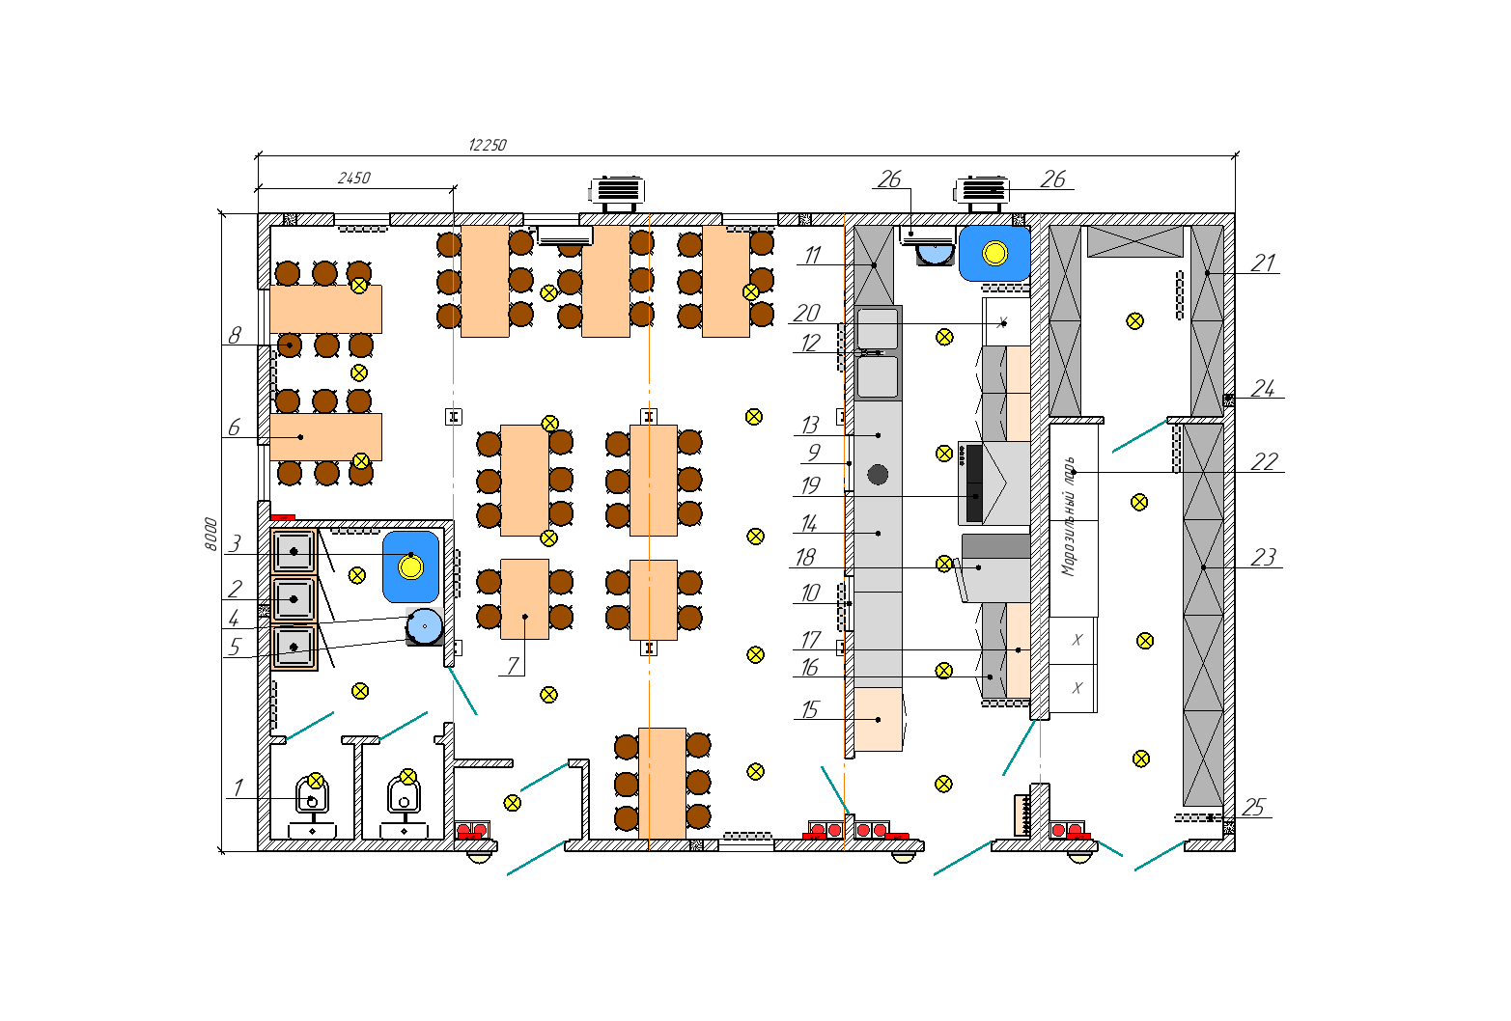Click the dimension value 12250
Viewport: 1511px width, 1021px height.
(x=487, y=145)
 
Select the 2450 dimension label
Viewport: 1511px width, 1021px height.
(x=354, y=178)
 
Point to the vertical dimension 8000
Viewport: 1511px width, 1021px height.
(x=211, y=534)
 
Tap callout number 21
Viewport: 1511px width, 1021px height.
(x=1264, y=262)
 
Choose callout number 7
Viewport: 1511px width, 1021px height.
(x=513, y=666)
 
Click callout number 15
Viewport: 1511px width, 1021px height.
(x=809, y=709)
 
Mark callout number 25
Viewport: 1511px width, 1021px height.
(x=1253, y=807)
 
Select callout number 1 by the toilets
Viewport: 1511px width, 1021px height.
(x=238, y=787)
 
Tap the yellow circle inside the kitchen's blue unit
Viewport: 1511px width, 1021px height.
(x=995, y=254)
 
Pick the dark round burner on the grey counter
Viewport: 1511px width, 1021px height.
(x=878, y=475)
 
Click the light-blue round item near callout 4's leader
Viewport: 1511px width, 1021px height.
(x=424, y=626)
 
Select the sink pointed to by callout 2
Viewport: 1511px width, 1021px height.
(x=294, y=599)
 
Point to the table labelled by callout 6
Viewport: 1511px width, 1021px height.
(x=325, y=437)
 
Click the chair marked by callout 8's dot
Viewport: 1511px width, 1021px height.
(x=290, y=345)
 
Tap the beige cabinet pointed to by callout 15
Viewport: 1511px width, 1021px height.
(x=879, y=720)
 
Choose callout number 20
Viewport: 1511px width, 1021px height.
(x=807, y=313)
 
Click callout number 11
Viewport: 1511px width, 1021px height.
(x=812, y=255)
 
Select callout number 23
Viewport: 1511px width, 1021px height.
(x=1264, y=557)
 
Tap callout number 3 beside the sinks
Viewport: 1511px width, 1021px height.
(x=235, y=543)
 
